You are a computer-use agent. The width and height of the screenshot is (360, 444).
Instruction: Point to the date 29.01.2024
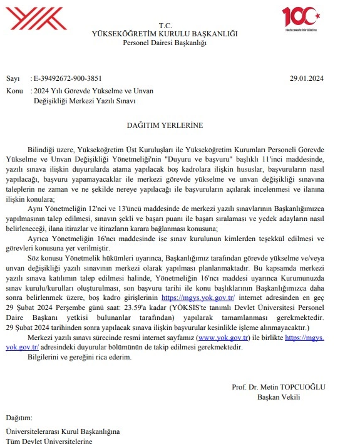307,78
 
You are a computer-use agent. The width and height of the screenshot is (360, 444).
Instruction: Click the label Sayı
13,78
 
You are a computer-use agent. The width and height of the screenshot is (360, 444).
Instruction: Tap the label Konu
14,90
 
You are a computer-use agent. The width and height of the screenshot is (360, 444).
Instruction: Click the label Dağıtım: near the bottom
18,417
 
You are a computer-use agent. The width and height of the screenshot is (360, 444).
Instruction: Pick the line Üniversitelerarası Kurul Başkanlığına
62,431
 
